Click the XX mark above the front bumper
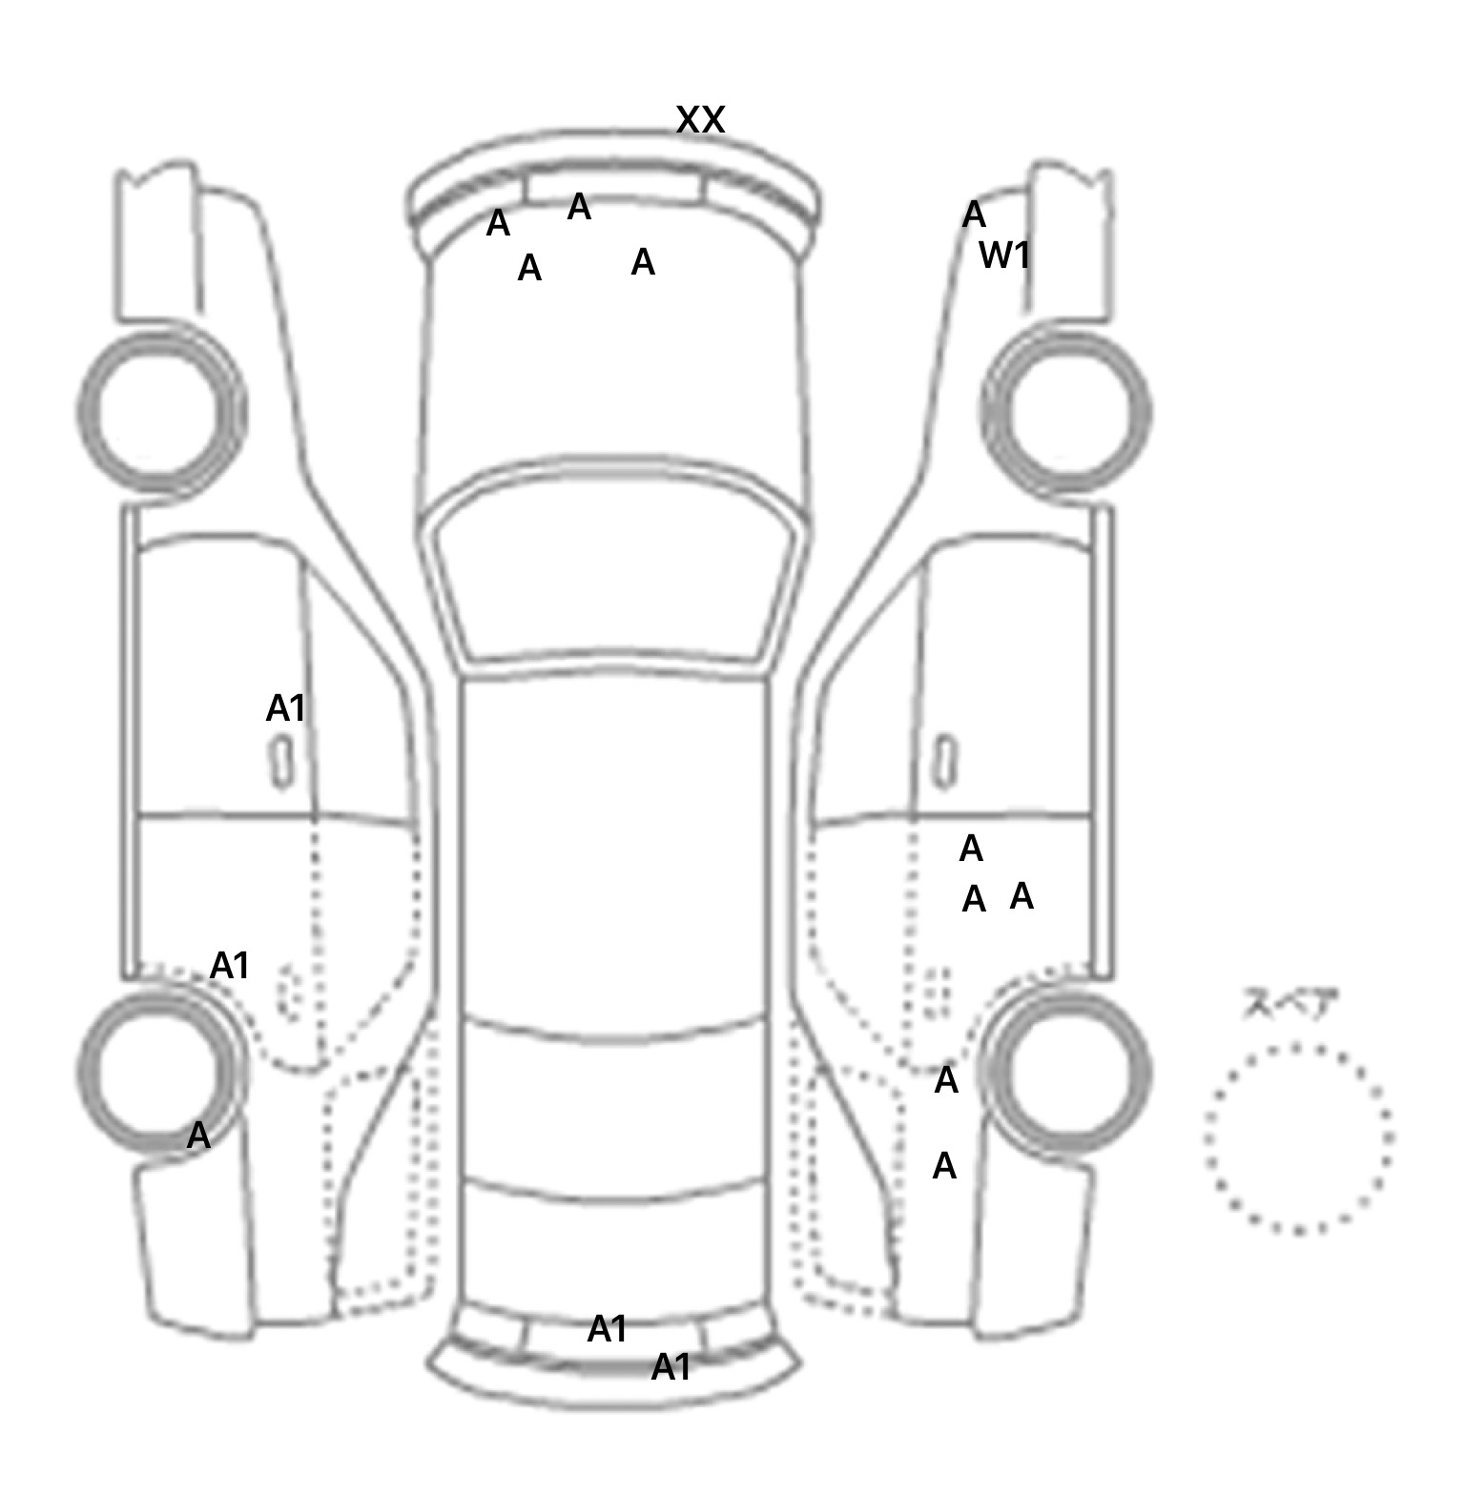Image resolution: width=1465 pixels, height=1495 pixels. click(x=701, y=120)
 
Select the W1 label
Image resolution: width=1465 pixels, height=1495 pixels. click(x=1004, y=256)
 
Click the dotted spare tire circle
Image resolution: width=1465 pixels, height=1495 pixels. click(x=1298, y=1138)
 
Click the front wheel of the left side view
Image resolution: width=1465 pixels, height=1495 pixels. click(x=160, y=412)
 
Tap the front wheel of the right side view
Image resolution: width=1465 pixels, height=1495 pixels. click(x=1066, y=412)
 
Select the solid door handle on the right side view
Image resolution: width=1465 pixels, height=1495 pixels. click(x=944, y=761)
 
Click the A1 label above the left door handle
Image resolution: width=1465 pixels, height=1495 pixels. click(x=285, y=708)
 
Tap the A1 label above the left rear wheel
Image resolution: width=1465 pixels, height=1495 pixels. click(x=229, y=966)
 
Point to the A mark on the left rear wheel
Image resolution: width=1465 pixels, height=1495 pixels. click(x=197, y=1136)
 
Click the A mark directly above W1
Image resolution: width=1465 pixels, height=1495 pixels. click(x=973, y=215)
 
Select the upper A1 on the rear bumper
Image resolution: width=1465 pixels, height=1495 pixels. click(x=608, y=1329)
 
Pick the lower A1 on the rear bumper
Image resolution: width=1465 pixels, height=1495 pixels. click(x=671, y=1368)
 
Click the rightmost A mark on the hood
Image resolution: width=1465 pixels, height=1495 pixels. click(x=643, y=262)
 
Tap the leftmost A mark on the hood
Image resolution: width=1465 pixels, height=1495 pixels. click(x=498, y=224)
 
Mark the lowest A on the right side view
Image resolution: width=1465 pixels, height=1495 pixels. click(x=943, y=1166)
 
